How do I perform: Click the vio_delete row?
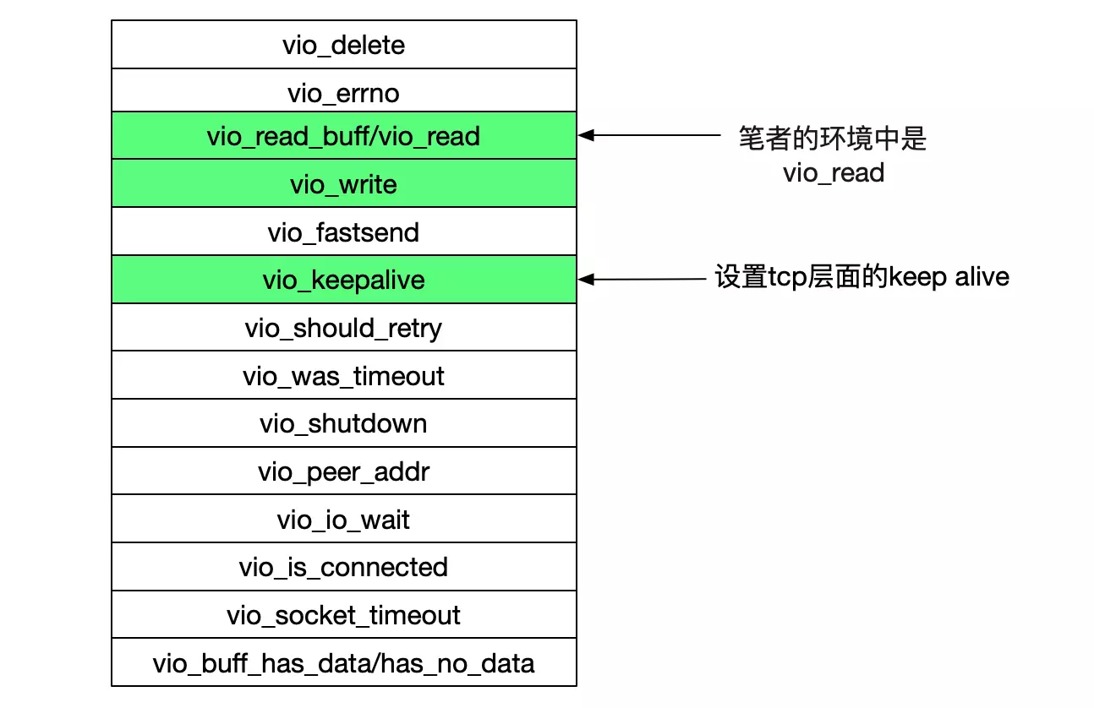pyautogui.click(x=343, y=45)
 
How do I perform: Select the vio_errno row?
pyautogui.click(x=343, y=92)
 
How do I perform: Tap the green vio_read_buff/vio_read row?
pyautogui.click(x=343, y=136)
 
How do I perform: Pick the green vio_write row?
pyautogui.click(x=343, y=184)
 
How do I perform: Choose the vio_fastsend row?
pyautogui.click(x=343, y=232)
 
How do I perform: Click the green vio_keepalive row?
pyautogui.click(x=343, y=280)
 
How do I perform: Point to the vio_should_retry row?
pyautogui.click(x=343, y=328)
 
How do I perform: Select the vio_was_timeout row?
pyautogui.click(x=343, y=375)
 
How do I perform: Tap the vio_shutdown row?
pyautogui.click(x=343, y=423)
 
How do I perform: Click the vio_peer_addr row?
pyautogui.click(x=343, y=471)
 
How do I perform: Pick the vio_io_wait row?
pyautogui.click(x=343, y=520)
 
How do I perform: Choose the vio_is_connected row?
pyautogui.click(x=343, y=567)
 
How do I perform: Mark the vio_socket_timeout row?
pyautogui.click(x=343, y=615)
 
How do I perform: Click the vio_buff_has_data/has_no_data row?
pyautogui.click(x=343, y=663)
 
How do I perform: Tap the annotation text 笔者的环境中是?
pyautogui.click(x=833, y=139)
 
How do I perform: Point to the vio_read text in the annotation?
pyautogui.click(x=833, y=173)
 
